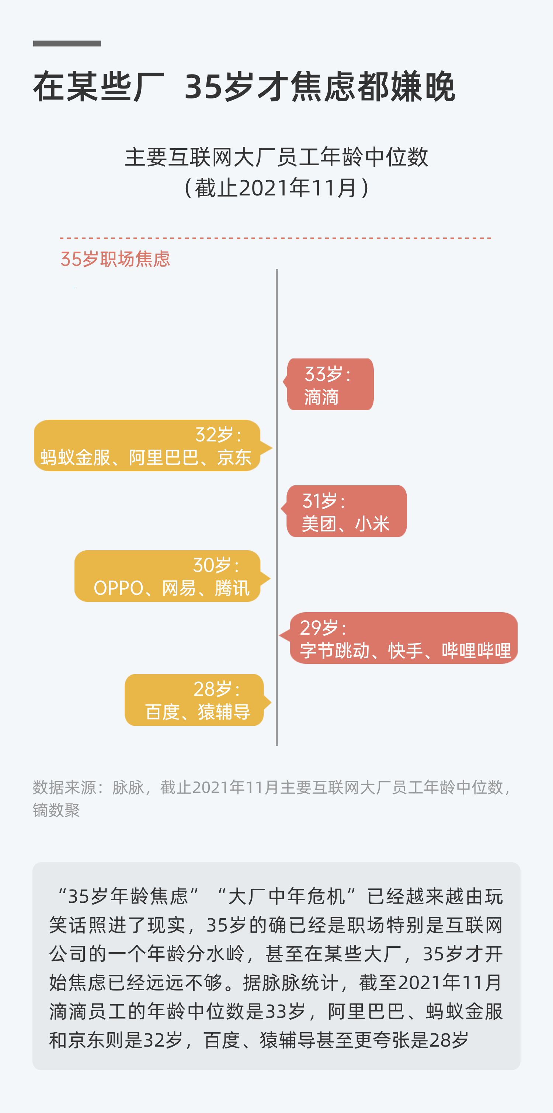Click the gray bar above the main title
click(x=67, y=43)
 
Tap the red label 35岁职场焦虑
click(x=115, y=259)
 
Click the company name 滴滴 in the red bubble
click(x=321, y=397)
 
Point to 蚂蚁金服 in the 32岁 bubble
click(x=75, y=458)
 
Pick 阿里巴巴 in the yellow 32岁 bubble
click(x=164, y=458)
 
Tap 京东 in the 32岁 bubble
click(x=234, y=458)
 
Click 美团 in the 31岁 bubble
click(x=319, y=524)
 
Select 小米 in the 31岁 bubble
click(x=372, y=524)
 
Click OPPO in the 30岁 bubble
click(x=118, y=589)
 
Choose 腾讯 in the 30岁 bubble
click(x=232, y=589)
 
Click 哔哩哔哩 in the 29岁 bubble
click(x=476, y=651)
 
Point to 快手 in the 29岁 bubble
click(x=405, y=651)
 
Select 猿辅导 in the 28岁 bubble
click(x=224, y=712)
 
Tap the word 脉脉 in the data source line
click(x=128, y=788)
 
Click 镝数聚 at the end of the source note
click(x=56, y=810)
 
